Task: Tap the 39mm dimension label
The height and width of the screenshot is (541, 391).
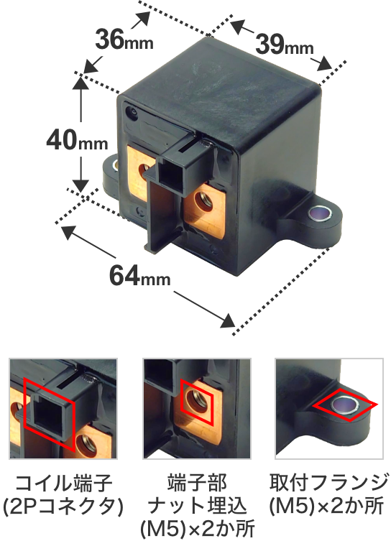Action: pos(285,45)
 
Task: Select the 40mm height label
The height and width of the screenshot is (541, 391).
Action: pos(78,141)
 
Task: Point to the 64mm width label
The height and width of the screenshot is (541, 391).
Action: pos(139,275)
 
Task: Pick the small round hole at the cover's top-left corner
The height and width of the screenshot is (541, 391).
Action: pos(132,113)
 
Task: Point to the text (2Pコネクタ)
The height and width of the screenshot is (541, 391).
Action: pos(63,506)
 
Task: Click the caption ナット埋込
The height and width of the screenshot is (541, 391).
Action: pos(197,506)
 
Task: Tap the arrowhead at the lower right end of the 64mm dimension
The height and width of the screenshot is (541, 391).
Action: pos(228,320)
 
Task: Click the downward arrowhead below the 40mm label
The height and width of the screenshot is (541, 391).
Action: pos(80,185)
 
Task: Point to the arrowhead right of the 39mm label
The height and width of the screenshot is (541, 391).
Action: pos(324,64)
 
